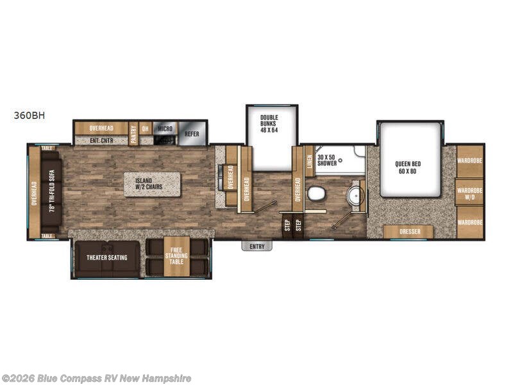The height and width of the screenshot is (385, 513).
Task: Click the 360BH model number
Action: pos(29,116)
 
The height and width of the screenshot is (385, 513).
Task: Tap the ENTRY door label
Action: pos(256,246)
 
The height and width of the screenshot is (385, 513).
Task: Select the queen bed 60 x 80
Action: pos(410,167)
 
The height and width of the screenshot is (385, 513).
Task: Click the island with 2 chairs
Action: pos(152,184)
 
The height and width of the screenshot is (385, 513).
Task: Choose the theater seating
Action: pos(106,258)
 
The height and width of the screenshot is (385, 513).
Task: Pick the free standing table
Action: pos(176,257)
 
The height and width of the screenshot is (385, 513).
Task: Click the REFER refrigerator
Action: pos(191,134)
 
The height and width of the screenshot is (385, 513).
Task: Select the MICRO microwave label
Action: pos(165,128)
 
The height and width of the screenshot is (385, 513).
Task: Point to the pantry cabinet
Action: pos(133,133)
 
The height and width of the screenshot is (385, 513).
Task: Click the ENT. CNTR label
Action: pos(101,141)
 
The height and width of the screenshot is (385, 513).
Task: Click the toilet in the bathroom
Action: pos(315,193)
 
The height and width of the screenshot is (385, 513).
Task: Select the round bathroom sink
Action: pos(353,194)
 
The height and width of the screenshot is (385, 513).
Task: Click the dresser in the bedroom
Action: pos(408,232)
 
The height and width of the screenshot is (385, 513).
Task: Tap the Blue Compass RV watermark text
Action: pos(96,379)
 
